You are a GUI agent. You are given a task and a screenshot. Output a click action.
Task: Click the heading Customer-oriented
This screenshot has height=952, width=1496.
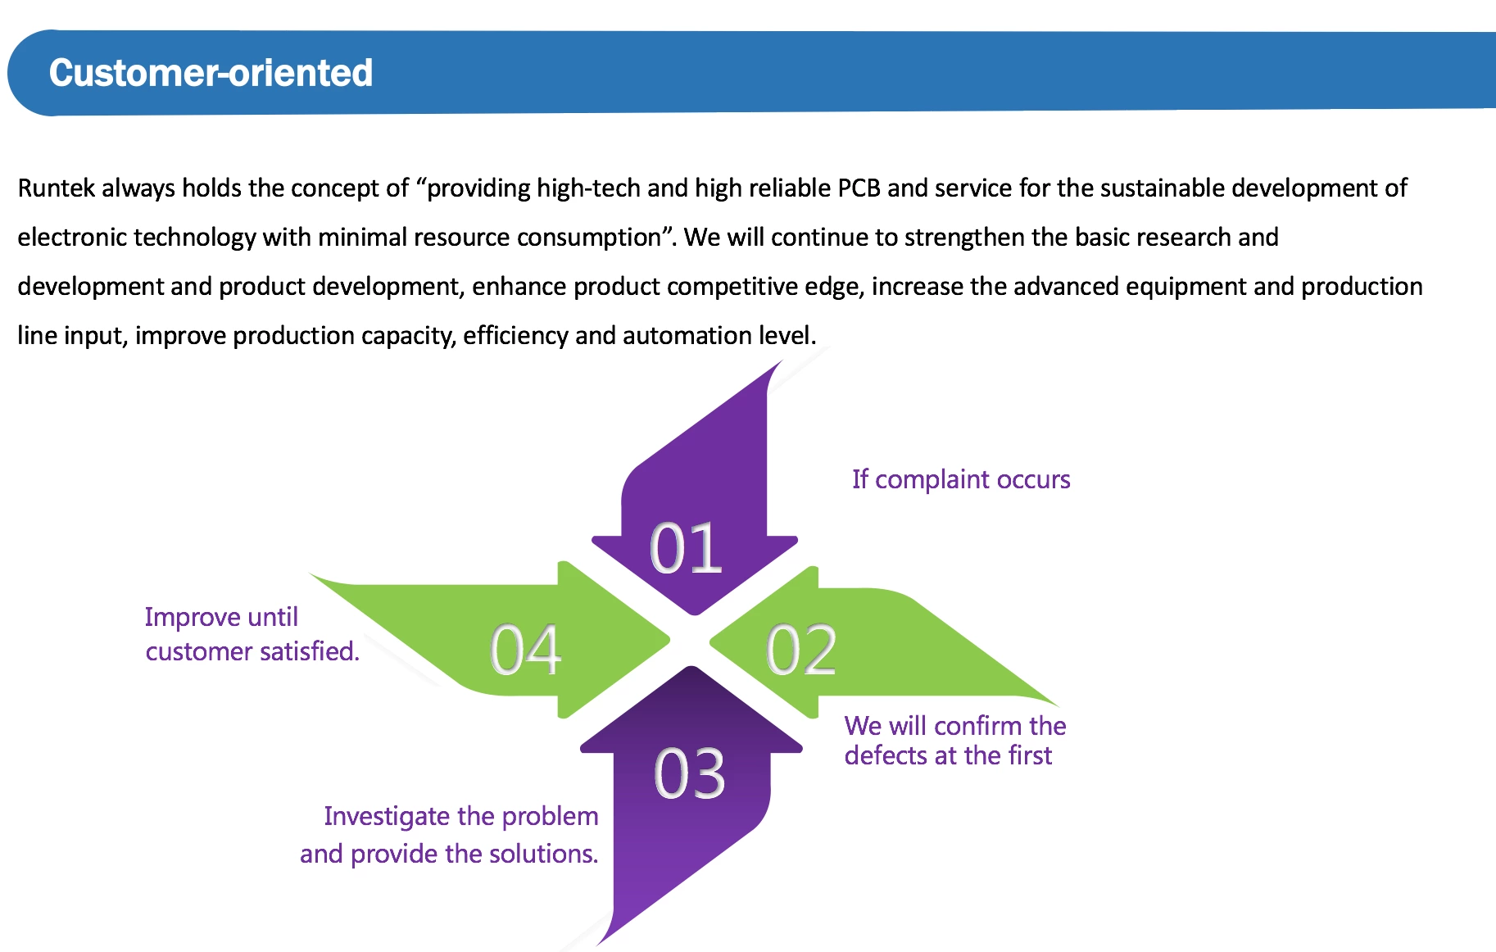coord(211,73)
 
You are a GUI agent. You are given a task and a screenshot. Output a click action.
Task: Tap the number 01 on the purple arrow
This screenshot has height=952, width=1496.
coord(687,548)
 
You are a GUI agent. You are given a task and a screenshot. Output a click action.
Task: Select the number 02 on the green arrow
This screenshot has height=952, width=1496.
coord(801,650)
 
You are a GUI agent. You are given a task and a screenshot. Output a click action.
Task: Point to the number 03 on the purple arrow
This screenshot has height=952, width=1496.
coord(690,773)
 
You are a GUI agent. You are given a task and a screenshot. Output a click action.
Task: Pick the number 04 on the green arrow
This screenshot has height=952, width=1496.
coord(526,650)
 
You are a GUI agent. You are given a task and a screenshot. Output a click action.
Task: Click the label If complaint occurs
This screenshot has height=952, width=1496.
coord(961,479)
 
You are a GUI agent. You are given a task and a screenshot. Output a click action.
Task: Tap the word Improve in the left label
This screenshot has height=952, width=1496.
coord(193,617)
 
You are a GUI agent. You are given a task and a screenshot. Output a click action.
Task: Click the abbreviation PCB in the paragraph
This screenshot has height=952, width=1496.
coord(859,188)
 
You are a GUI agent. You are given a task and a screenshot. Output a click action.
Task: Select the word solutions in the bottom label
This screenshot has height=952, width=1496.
coord(544,854)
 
